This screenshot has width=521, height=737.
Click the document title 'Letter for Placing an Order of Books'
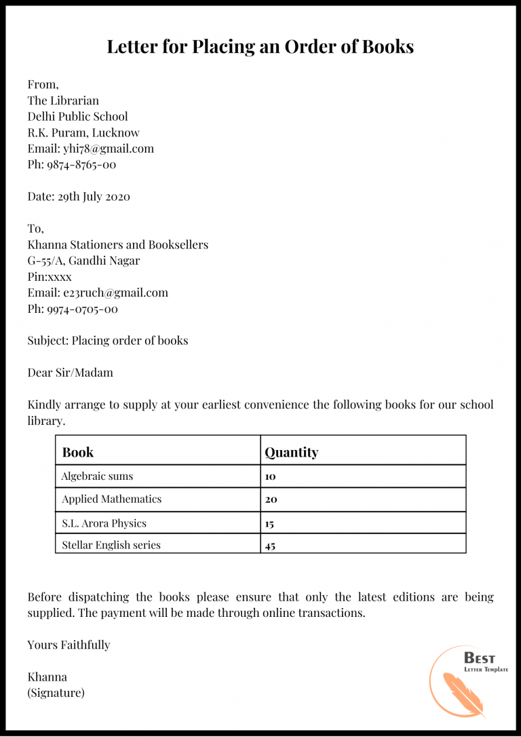click(x=260, y=47)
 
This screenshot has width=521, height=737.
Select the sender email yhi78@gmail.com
click(x=109, y=148)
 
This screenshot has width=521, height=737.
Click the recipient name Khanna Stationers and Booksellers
click(x=117, y=245)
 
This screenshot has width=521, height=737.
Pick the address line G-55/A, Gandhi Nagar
click(x=83, y=261)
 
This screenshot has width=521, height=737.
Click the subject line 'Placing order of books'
click(x=130, y=341)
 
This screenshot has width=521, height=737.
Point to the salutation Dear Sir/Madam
click(x=70, y=373)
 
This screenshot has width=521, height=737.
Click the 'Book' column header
click(x=77, y=452)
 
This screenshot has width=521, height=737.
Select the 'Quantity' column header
click(x=291, y=452)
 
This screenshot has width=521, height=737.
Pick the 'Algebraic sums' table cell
click(x=97, y=476)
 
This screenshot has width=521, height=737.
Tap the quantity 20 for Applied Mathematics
click(x=271, y=499)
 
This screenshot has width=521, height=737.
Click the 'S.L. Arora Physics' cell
click(x=104, y=523)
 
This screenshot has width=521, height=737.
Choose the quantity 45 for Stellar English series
click(x=270, y=546)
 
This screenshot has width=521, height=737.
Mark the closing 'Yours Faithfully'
click(x=69, y=645)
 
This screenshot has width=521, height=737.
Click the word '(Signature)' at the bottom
click(x=56, y=693)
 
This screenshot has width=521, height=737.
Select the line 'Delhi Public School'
click(x=77, y=116)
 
